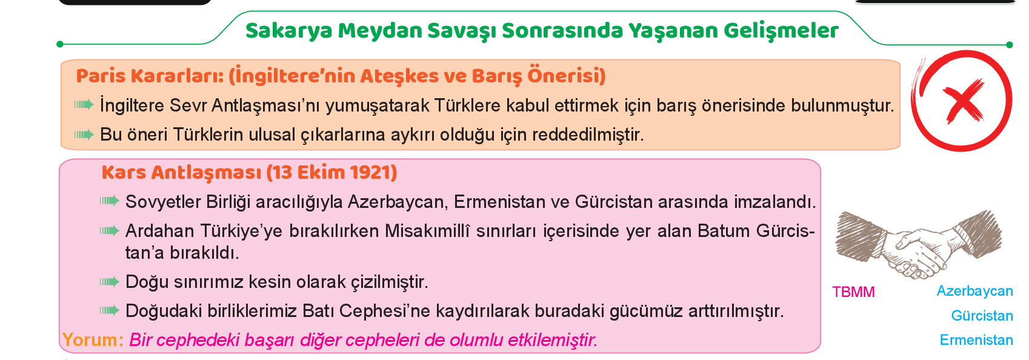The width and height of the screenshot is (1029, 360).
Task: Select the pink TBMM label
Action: pyautogui.click(x=853, y=292)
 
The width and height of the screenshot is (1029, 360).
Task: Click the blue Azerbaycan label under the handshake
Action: pyautogui.click(x=975, y=291)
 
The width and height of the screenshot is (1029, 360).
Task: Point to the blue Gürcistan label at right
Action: pyautogui.click(x=982, y=316)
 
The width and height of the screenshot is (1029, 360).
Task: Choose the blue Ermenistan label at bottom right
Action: pyautogui.click(x=976, y=340)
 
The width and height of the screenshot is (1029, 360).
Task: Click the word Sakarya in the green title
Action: pyautogui.click(x=289, y=32)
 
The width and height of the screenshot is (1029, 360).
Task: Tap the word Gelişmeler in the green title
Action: pyautogui.click(x=781, y=32)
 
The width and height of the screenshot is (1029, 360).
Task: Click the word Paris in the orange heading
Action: pyautogui.click(x=101, y=76)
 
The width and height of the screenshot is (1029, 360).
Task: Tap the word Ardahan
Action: pyautogui.click(x=160, y=231)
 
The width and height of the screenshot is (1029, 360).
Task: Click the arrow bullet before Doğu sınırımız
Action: pyautogui.click(x=109, y=281)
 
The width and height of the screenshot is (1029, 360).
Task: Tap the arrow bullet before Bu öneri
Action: pyautogui.click(x=84, y=135)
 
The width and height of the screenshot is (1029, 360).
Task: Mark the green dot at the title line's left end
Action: pyautogui.click(x=60, y=44)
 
